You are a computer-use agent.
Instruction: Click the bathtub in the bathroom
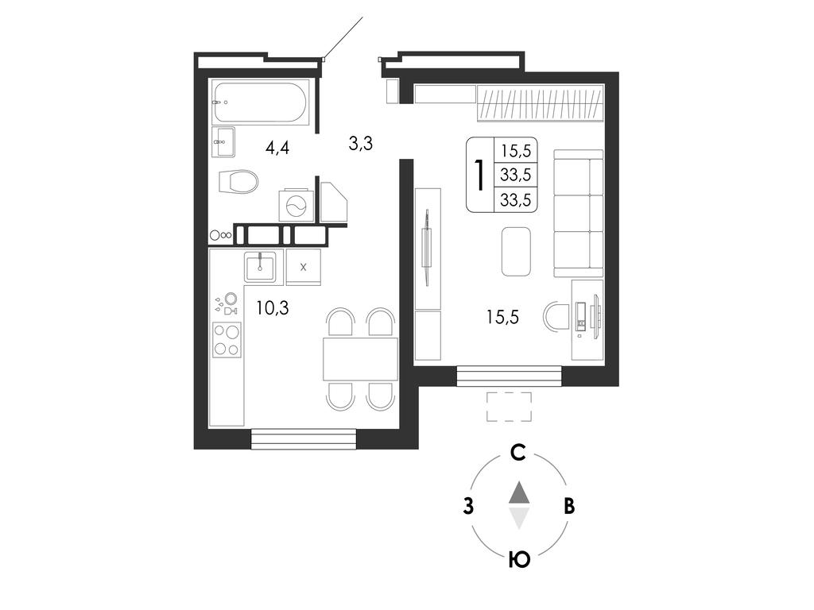tap(261, 102)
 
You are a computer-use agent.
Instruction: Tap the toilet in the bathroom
tap(238, 182)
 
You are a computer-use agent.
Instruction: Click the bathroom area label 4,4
tap(277, 148)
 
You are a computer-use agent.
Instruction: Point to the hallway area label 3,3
tap(361, 143)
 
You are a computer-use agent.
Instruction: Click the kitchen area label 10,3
tap(273, 308)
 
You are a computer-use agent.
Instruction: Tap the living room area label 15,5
tap(502, 316)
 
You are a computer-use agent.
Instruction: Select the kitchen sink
tap(264, 267)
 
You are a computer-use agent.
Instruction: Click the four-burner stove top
tap(227, 340)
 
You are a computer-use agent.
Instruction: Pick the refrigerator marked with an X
tap(303, 267)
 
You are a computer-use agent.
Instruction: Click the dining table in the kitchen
tap(360, 359)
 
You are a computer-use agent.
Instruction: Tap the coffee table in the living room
tap(516, 252)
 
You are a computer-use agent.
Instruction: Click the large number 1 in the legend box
tap(479, 175)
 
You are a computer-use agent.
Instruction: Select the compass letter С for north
tap(518, 453)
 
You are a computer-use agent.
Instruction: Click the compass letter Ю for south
tap(519, 560)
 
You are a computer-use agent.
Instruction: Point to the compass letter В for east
tap(569, 506)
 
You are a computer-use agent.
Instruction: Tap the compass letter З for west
tap(469, 506)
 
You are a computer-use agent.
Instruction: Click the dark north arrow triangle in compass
tap(519, 492)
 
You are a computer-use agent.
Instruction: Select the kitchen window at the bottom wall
tap(304, 438)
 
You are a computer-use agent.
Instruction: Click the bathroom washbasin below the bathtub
tap(223, 141)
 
